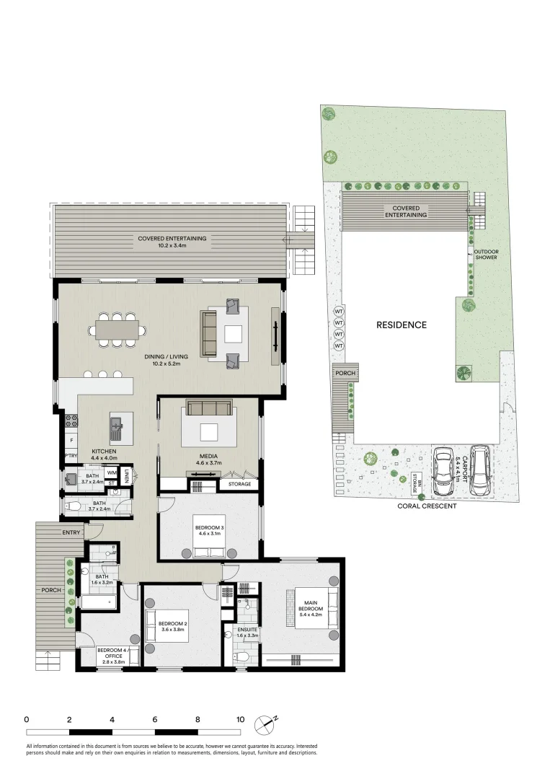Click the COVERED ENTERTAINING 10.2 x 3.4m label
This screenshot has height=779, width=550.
[172, 242]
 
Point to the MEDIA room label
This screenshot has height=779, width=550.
[209, 459]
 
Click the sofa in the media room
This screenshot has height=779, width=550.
[209, 408]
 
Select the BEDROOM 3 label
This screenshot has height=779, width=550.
[210, 531]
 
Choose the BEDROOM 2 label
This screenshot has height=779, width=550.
[172, 626]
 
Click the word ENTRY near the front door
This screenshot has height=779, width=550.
[71, 532]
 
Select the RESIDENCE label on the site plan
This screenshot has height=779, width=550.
[402, 325]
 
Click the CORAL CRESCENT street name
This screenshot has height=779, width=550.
[427, 506]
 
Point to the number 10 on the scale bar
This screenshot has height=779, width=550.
[240, 720]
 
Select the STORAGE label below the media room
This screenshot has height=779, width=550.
[240, 484]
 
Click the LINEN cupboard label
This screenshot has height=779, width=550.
[127, 476]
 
